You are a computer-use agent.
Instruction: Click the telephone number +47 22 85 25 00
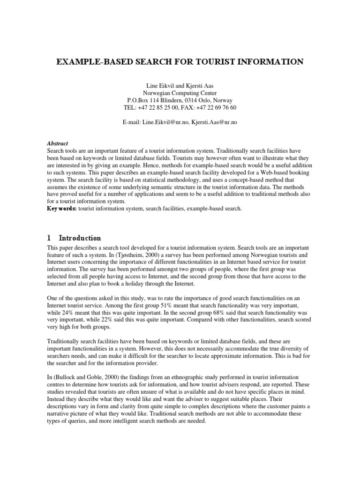[159, 107]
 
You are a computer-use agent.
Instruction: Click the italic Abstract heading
[58, 143]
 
